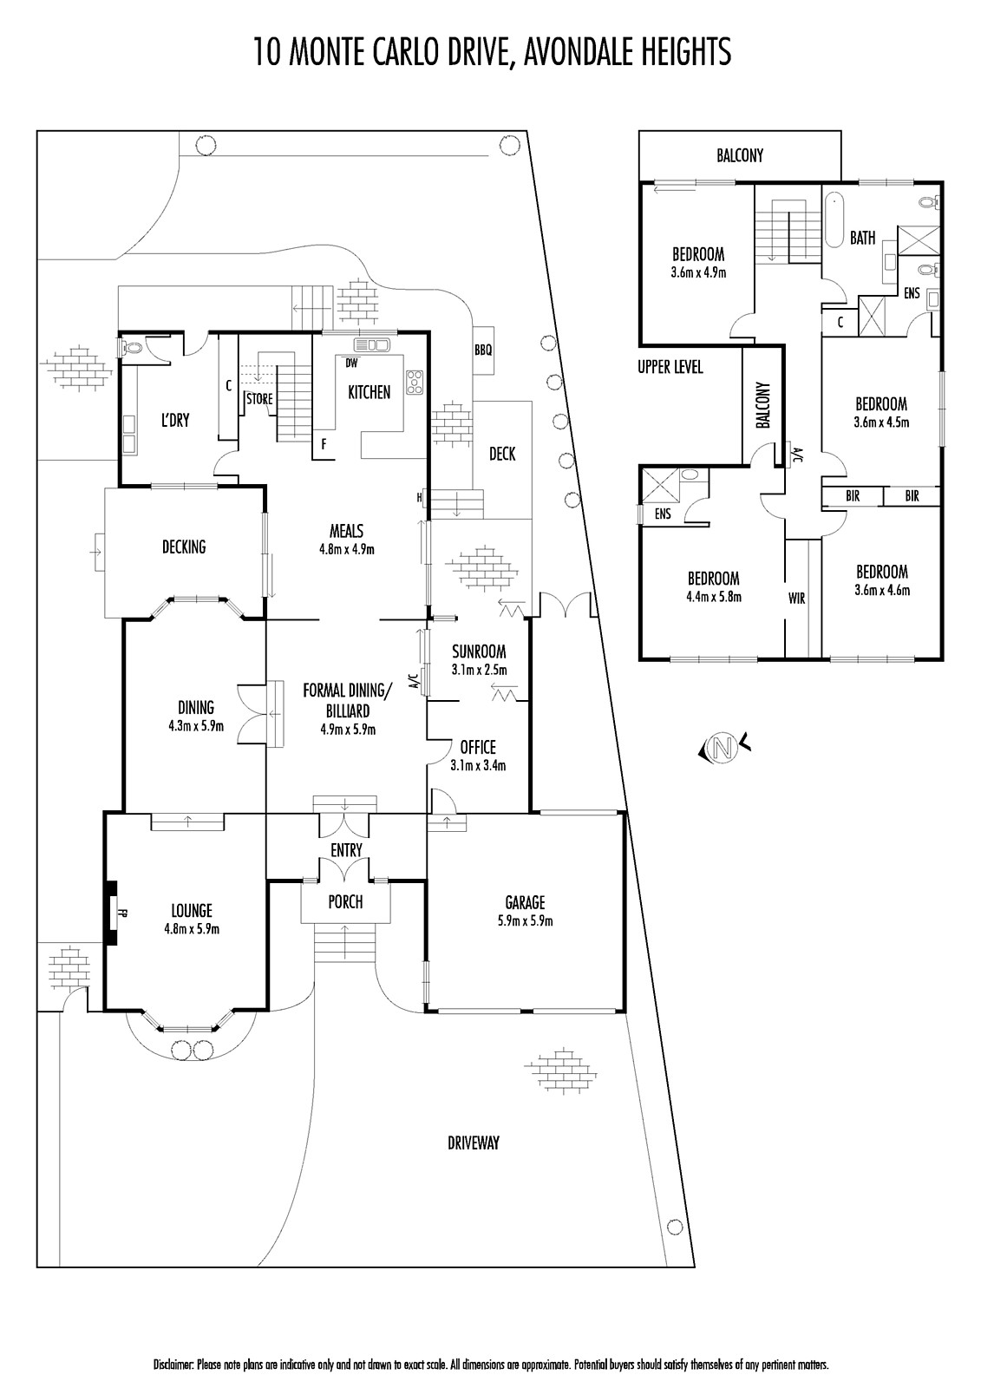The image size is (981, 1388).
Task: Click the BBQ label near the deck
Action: (x=483, y=350)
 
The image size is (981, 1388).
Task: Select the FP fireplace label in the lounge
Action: (x=121, y=912)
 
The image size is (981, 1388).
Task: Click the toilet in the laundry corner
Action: (x=131, y=349)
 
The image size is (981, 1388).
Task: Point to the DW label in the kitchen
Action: (x=351, y=363)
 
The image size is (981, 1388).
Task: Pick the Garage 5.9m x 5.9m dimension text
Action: (x=525, y=920)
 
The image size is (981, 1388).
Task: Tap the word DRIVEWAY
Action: (x=474, y=1142)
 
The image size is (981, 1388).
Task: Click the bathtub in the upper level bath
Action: (x=834, y=220)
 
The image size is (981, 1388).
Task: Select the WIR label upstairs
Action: (x=796, y=598)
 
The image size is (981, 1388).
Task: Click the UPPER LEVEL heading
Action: (x=670, y=367)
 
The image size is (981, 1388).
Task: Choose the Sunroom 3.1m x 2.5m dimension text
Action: (x=479, y=670)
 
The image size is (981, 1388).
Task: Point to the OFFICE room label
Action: (x=478, y=747)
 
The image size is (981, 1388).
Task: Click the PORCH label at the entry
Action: (x=345, y=902)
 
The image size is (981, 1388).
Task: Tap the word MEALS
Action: (x=346, y=532)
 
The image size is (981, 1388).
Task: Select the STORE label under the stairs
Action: (x=259, y=400)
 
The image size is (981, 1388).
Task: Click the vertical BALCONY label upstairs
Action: (x=763, y=405)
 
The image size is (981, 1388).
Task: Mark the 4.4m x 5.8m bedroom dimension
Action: (x=713, y=596)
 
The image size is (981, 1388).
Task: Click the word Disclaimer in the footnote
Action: (x=173, y=1365)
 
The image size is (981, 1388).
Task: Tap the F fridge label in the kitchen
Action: (x=324, y=443)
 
